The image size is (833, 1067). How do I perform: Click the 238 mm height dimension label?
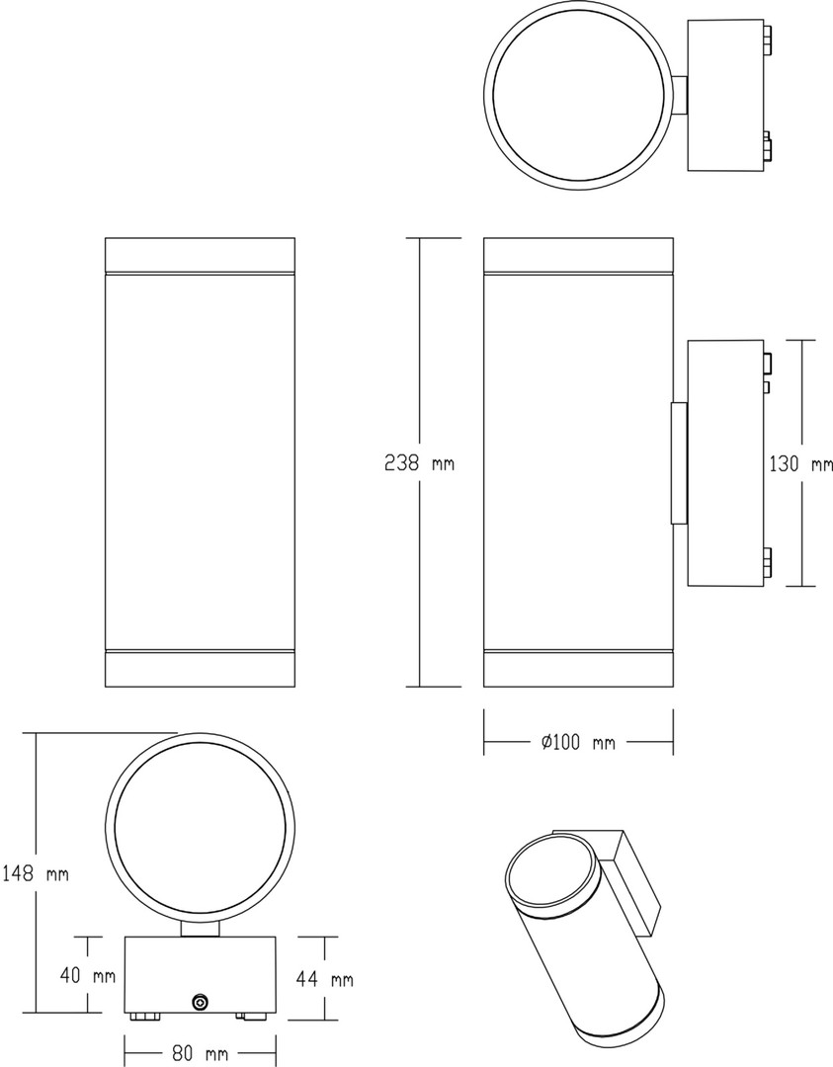pos(419,463)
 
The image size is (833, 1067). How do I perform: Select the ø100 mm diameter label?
pos(578,742)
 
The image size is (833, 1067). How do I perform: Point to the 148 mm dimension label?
pos(36,873)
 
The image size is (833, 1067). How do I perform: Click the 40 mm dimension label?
pos(88,976)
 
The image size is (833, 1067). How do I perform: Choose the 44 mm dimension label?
pos(325,979)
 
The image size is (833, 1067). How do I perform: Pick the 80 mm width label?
pos(200,1054)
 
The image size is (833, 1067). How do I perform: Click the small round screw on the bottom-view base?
pos(200,1001)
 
